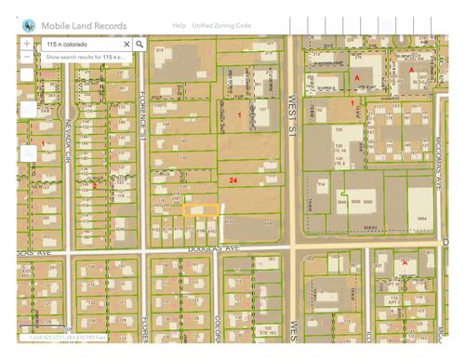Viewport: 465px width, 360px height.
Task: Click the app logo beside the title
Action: coord(30,24)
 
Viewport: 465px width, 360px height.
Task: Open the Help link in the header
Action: coord(179,25)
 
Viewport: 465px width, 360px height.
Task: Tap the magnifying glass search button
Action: coord(139,44)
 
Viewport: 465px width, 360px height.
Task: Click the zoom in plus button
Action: coord(26,44)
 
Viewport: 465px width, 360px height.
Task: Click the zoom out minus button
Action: coord(26,57)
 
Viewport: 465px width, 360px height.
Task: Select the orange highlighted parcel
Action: coord(202,210)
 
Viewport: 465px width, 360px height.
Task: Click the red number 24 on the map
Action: coord(232,179)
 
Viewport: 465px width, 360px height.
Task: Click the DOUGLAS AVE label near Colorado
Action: coord(215,247)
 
